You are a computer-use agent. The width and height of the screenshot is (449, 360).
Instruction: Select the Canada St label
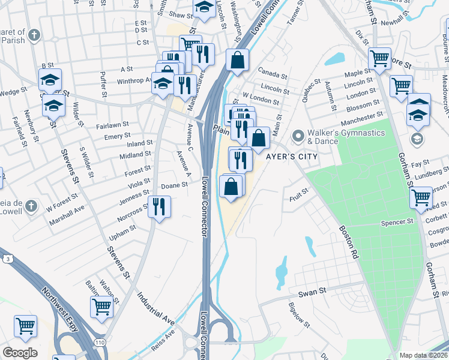click(x=270, y=73)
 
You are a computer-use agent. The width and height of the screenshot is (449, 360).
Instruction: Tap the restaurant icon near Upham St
click(x=158, y=207)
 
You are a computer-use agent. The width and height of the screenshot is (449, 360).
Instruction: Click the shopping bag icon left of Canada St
click(x=238, y=60)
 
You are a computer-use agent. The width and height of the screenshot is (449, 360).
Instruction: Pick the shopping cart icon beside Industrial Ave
click(x=101, y=306)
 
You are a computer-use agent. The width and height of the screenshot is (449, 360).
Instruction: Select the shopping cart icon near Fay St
click(x=421, y=196)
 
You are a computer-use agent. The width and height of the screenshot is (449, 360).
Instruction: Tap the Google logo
click(x=20, y=353)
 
